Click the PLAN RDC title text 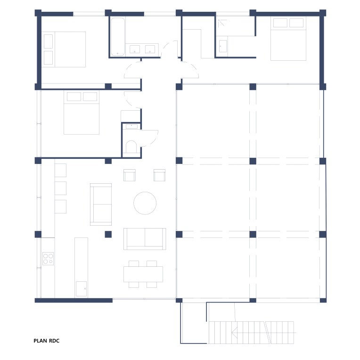coord(46,341)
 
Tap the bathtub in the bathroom coord(118,37)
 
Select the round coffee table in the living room coord(145,203)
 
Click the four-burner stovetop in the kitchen coord(48,259)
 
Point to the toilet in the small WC coord(131,147)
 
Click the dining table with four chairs coord(143,274)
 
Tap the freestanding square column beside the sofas coord(108,234)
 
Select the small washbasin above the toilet coord(131,126)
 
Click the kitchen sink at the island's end coord(81,288)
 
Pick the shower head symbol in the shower coord(222,23)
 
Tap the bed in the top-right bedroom coord(288,39)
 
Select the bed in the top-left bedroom coord(64,49)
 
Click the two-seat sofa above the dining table coord(145,239)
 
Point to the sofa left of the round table coord(101,205)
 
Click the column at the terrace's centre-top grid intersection coord(253,87)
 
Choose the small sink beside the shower coord(223,46)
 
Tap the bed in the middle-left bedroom coord(82,113)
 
